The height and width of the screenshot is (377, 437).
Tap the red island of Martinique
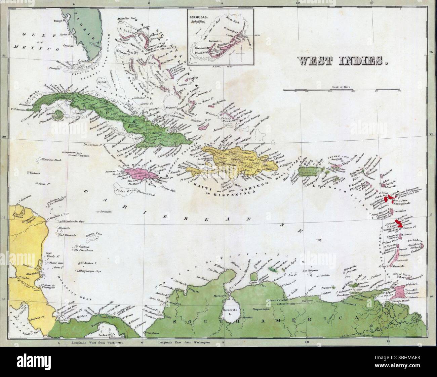[x=400, y=224]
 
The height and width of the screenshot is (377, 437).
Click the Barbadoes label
[x=414, y=240]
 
